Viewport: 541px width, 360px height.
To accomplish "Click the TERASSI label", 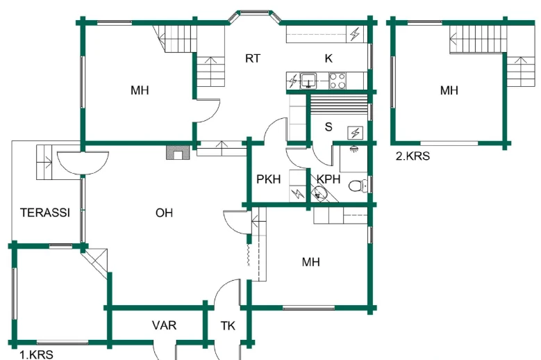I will click(45, 213).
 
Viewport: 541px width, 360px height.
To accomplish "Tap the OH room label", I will click(164, 213).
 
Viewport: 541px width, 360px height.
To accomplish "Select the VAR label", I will click(164, 325).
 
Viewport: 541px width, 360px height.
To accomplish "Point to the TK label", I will click(228, 326).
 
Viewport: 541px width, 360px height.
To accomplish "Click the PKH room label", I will click(268, 179).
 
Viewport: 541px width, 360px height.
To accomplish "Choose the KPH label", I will click(328, 179).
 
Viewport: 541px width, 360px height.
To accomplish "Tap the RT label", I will click(252, 58).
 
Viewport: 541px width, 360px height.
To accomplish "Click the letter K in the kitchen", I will click(330, 58).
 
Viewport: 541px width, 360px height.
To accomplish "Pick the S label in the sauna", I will click(327, 128).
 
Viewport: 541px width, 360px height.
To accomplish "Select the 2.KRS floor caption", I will click(413, 156).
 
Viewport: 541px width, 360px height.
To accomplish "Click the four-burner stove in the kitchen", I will click(338, 81).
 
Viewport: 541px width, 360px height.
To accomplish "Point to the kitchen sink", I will click(308, 81).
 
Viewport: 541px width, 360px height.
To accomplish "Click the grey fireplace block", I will click(176, 152).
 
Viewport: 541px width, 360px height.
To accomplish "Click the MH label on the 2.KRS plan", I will click(449, 90).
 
